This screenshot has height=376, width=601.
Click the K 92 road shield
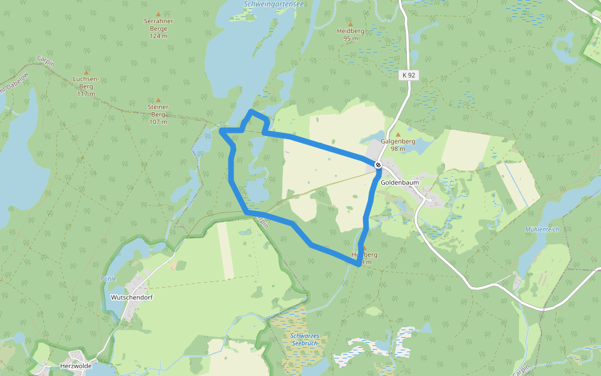pyautogui.click(x=408, y=75)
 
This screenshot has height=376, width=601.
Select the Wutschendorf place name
pyautogui.click(x=131, y=297)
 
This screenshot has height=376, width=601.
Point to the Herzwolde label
pyautogui.click(x=76, y=365)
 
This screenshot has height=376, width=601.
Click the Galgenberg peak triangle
pyautogui.click(x=398, y=134)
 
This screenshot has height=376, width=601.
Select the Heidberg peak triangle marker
pyautogui.click(x=351, y=24)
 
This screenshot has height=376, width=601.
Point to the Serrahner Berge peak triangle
pyautogui.click(x=158, y=14)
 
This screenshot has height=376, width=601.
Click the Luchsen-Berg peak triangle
pyautogui.click(x=86, y=73)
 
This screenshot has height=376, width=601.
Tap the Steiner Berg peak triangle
pyautogui.click(x=158, y=100)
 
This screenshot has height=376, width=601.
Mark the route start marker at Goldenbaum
pyautogui.click(x=378, y=165)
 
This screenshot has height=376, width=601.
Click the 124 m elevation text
pyautogui.click(x=158, y=36)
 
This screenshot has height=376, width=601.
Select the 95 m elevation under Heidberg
pyautogui.click(x=351, y=38)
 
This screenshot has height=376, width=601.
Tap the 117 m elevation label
pyautogui.click(x=86, y=94)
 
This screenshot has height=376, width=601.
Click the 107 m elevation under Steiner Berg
pyautogui.click(x=158, y=122)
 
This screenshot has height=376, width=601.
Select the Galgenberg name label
pyautogui.click(x=398, y=142)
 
